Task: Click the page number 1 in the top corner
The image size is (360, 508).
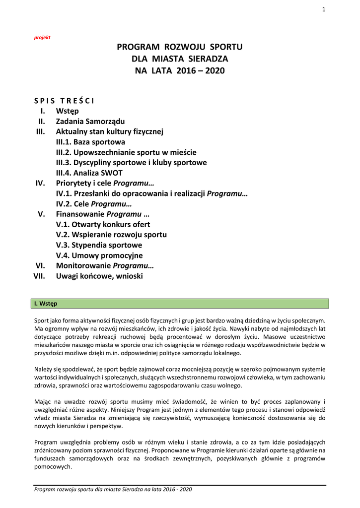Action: click(323, 9)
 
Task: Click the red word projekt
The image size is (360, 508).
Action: click(42, 38)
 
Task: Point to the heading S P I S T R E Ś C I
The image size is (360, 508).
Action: click(61, 101)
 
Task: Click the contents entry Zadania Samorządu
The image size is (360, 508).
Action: click(90, 121)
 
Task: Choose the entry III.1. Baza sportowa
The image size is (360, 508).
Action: click(90, 142)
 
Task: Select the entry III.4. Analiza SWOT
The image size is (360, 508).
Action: click(89, 173)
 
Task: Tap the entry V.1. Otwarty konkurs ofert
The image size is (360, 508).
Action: click(99, 224)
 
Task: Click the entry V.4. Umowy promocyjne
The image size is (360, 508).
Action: click(99, 255)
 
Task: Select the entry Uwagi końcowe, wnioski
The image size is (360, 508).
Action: click(99, 276)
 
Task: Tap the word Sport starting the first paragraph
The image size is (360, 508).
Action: click(42, 321)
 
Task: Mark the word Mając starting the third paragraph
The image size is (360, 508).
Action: click(43, 401)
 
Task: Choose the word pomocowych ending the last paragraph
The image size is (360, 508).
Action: click(53, 465)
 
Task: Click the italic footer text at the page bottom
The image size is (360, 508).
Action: click(113, 489)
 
